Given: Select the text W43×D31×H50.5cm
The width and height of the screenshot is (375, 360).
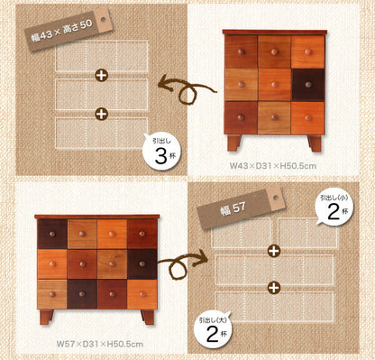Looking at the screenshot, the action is (273, 166).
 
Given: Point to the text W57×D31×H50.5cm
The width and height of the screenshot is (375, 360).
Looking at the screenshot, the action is (100, 344).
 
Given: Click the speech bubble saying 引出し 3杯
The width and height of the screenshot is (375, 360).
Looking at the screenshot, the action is (161, 152).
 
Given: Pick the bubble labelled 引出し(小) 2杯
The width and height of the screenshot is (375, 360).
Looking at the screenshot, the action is (334, 208).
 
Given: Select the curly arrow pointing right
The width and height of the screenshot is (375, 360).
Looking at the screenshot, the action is (181, 264).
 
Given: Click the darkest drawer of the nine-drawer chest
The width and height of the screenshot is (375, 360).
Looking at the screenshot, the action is (308, 85).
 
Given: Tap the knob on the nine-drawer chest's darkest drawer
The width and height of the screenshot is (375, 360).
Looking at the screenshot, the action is (308, 85).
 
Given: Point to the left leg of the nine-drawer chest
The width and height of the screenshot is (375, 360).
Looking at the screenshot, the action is (233, 143).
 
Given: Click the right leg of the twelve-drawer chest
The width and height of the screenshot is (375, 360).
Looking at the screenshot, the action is (148, 317).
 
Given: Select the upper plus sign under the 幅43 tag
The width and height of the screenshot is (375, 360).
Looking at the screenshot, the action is (102, 75).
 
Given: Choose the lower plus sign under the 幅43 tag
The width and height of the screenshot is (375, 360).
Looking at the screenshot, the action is (102, 114).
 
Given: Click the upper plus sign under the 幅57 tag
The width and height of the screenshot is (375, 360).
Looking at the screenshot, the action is (274, 251).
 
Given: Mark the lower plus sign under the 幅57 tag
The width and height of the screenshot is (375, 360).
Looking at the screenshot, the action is (274, 288).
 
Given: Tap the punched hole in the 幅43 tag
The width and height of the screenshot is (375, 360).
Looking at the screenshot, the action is (104, 19).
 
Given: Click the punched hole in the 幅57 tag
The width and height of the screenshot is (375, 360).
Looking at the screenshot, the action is (276, 198).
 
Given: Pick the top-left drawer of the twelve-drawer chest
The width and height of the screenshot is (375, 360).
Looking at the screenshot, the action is (52, 234).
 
